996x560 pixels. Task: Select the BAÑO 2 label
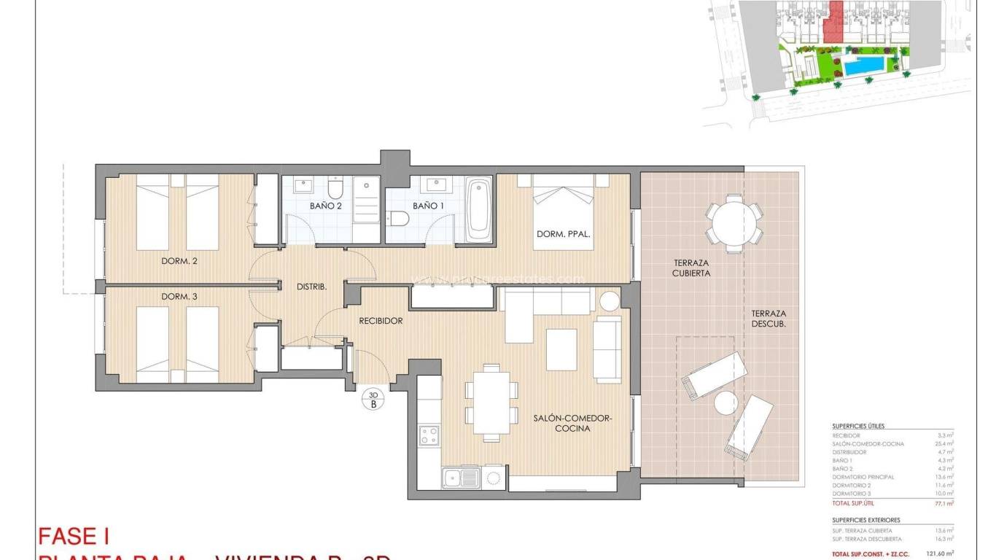pyautogui.click(x=325, y=206)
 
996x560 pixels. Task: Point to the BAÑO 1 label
pyautogui.click(x=428, y=206)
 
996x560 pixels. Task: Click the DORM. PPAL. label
pyautogui.click(x=563, y=235)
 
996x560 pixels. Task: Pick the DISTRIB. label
pyautogui.click(x=311, y=287)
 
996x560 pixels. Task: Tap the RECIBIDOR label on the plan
pyautogui.click(x=381, y=320)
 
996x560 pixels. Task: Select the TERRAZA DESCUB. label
pyautogui.click(x=769, y=319)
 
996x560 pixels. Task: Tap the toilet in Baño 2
pyautogui.click(x=335, y=190)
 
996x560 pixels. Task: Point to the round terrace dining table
pyautogui.click(x=734, y=225)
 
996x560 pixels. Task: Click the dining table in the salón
pyautogui.click(x=491, y=402)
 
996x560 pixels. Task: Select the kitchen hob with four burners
pyautogui.click(x=429, y=435)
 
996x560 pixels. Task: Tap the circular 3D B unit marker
pyautogui.click(x=373, y=400)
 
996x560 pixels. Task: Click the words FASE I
pyautogui.click(x=73, y=537)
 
